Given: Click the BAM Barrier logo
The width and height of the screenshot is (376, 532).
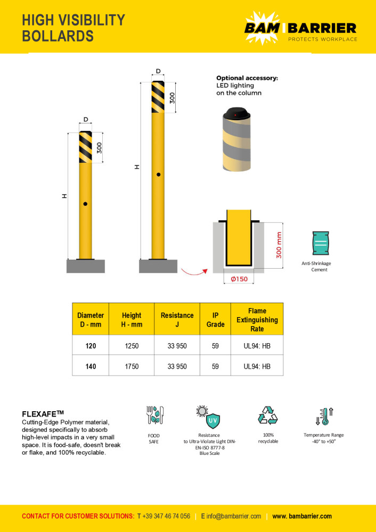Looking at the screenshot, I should (x=300, y=27).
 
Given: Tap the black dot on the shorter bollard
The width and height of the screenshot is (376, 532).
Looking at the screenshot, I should (x=85, y=204).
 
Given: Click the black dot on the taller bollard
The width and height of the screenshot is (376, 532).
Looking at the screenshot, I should (x=158, y=174).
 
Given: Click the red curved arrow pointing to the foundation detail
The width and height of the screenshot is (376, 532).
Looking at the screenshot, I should (x=193, y=272).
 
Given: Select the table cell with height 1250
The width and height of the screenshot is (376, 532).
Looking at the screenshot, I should (x=131, y=346).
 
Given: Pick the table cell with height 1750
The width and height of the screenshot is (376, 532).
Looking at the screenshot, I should (x=131, y=366).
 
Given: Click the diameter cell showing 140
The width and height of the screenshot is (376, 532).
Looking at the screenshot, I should (x=91, y=366).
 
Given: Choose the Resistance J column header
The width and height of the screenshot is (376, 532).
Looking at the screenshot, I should (x=177, y=320).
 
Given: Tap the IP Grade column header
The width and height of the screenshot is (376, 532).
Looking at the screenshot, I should (x=215, y=320).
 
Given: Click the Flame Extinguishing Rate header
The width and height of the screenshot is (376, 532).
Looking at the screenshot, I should (x=257, y=320).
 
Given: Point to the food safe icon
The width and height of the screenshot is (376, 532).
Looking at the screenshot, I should (x=154, y=415).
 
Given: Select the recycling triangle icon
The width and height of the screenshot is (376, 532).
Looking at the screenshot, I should (x=267, y=415).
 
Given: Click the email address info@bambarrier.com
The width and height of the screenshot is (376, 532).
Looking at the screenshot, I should (x=234, y=516).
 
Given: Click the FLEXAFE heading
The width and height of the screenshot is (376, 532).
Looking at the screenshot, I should (x=43, y=413).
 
